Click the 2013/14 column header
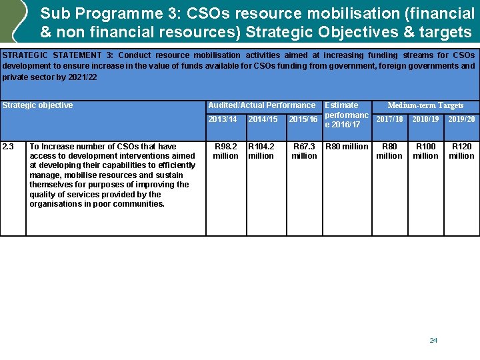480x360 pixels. coord(223,119)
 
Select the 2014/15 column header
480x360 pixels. coord(263,119)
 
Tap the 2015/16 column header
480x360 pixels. coord(303,119)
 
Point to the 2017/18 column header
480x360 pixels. coord(389,119)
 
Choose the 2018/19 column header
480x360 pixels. coord(425,119)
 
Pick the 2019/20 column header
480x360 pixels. coord(461,119)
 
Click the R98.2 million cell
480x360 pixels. coord(225,151)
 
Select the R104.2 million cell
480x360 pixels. coord(261,151)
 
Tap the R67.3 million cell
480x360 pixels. coord(304,151)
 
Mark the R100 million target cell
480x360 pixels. coord(425,151)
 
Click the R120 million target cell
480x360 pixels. coord(461,151)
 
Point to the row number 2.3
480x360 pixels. coord(9,147)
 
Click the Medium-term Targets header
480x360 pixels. coord(425,105)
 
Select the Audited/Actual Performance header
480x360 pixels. coord(262,105)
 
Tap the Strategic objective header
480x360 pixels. coord(38,105)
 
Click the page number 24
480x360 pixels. coord(433,341)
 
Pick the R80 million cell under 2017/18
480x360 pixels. coord(389,151)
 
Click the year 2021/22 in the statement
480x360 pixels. coord(83,77)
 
